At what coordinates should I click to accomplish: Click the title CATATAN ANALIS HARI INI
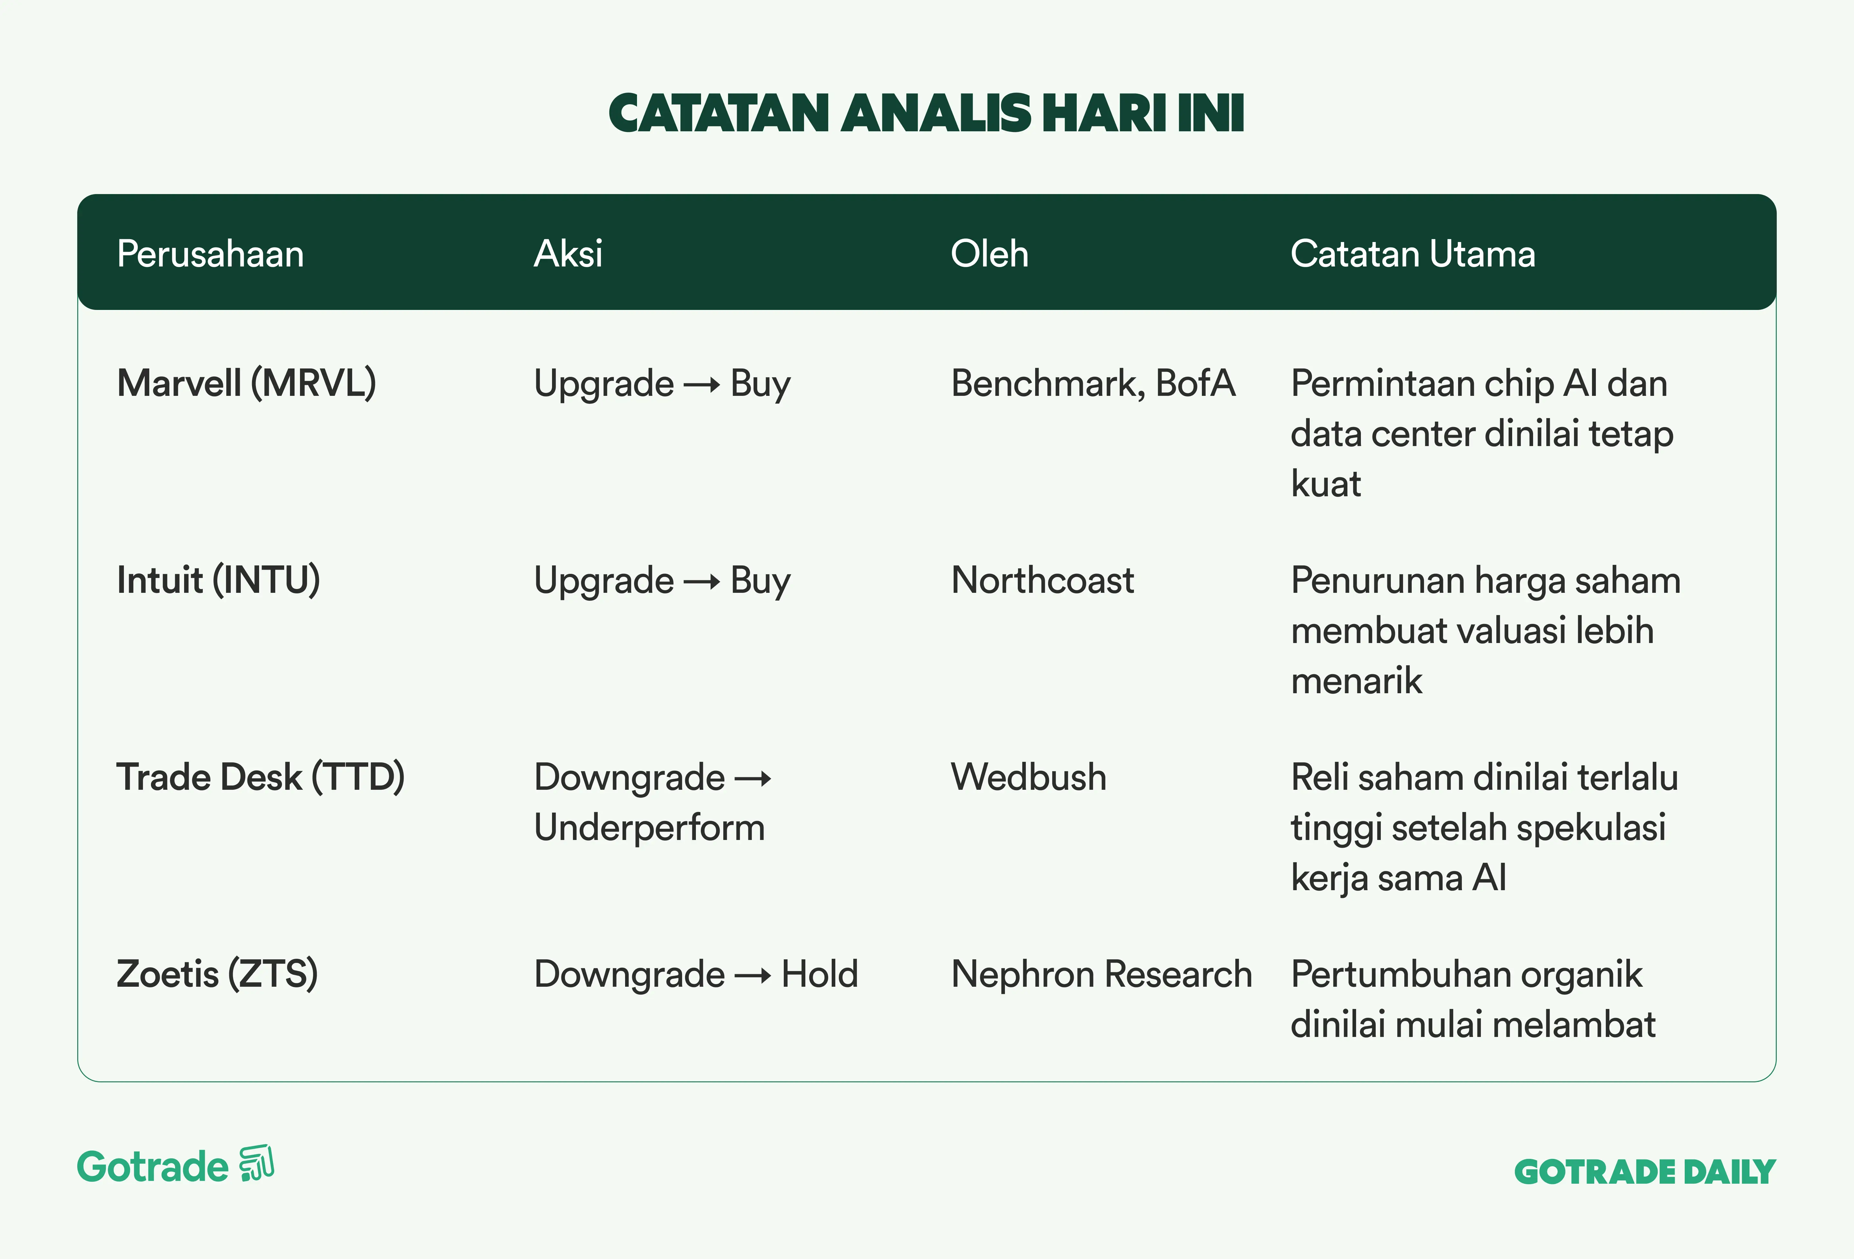click(926, 113)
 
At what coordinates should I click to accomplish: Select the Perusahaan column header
click(211, 254)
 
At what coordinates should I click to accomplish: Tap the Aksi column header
click(568, 254)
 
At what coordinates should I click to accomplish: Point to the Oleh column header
click(989, 254)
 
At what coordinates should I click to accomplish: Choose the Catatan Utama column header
click(1413, 254)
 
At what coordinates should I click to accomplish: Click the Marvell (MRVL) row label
click(247, 383)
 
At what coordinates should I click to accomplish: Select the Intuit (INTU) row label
click(219, 580)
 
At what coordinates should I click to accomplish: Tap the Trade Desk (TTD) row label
click(261, 777)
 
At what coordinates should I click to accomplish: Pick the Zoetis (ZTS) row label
click(217, 974)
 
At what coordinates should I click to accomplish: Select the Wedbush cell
click(1028, 777)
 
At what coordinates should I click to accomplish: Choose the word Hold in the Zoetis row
click(819, 974)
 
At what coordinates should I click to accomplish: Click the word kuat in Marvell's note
click(1326, 483)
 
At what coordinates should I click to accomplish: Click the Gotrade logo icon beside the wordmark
click(256, 1165)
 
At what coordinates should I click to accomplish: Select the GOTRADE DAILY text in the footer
click(1645, 1172)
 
